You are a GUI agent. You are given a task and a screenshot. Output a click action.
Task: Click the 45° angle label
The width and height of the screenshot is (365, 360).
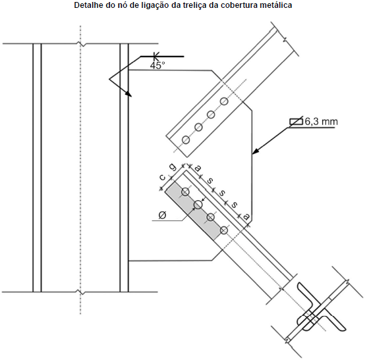coord(157,66)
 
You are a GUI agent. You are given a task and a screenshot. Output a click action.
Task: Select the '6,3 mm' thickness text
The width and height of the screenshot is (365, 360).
coord(321,122)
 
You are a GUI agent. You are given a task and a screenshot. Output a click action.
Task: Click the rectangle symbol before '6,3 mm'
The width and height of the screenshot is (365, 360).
coord(296,122)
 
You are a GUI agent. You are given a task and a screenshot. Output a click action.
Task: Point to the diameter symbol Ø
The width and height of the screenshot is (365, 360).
coord(162,215)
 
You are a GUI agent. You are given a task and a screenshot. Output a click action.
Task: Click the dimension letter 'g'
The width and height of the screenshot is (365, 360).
coord(173,167)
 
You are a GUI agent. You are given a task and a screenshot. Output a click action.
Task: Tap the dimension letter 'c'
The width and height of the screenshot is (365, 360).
coord(162,178)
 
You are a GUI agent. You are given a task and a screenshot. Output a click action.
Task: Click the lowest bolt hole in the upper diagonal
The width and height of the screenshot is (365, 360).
coord(186,140)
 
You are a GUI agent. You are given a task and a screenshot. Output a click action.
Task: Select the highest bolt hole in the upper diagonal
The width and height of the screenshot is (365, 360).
coord(224,101)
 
